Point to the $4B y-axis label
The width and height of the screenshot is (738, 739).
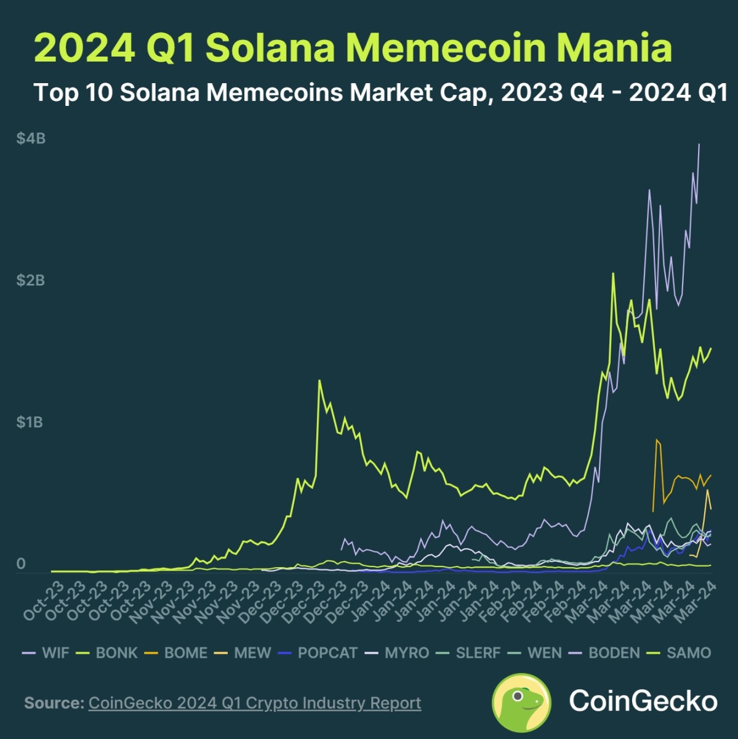point(31,139)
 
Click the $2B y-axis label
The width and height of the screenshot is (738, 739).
point(31,281)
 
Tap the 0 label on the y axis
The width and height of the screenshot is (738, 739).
point(21,564)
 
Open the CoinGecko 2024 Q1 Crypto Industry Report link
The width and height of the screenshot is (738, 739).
point(255,703)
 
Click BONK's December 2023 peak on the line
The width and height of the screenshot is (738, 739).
point(319,381)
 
